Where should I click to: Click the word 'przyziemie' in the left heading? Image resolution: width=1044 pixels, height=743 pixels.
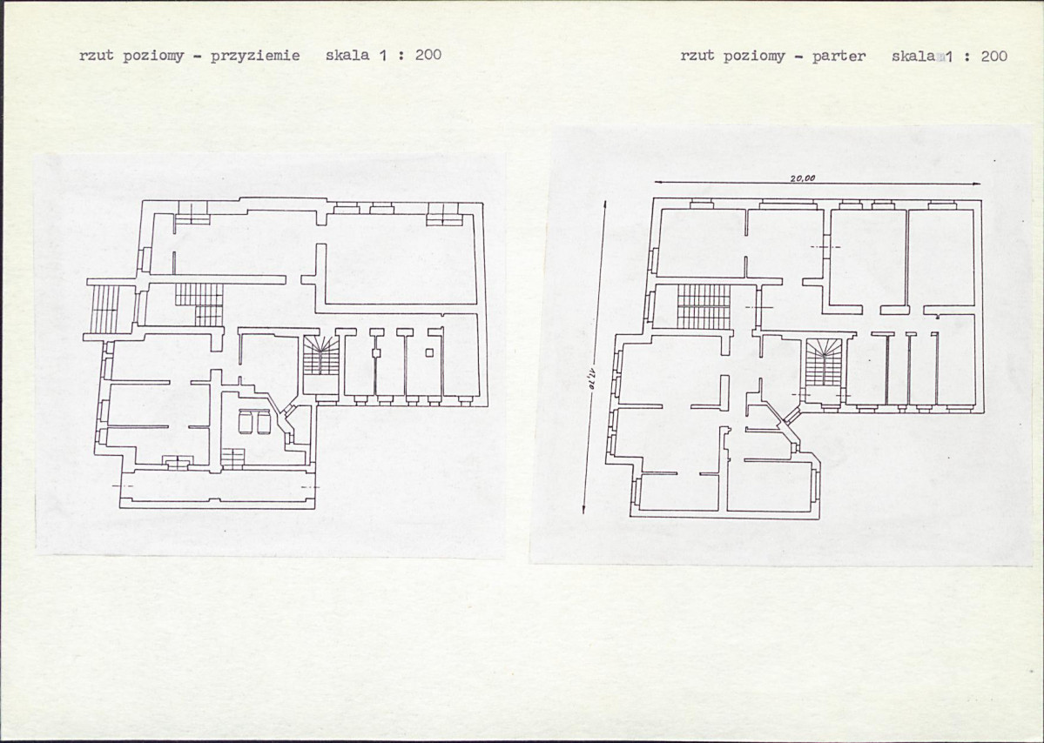tap(255, 56)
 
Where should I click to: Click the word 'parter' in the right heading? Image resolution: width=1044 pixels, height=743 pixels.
tap(839, 57)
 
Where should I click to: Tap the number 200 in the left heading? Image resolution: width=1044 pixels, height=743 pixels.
tap(428, 55)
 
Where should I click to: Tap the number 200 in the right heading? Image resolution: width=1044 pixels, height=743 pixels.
tap(994, 56)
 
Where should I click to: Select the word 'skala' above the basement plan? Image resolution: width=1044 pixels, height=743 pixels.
tap(347, 55)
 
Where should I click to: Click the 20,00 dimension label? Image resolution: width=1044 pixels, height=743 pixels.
tap(803, 178)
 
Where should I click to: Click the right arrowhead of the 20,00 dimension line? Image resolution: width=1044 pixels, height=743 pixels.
tap(977, 184)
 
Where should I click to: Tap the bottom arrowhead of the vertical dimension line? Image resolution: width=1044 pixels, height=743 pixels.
tap(584, 509)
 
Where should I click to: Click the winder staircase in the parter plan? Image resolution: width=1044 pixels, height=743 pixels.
tap(825, 363)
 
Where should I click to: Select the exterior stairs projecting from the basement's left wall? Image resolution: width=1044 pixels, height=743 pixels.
tap(104, 309)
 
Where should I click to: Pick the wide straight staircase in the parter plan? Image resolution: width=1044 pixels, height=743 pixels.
tap(704, 306)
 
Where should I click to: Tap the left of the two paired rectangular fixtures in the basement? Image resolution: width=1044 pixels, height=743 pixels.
tap(245, 422)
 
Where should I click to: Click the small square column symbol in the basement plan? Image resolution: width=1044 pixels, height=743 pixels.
tap(429, 352)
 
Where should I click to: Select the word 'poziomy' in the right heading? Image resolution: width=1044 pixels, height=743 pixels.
tap(754, 57)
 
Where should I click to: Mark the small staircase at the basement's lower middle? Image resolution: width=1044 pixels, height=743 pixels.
tap(233, 458)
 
